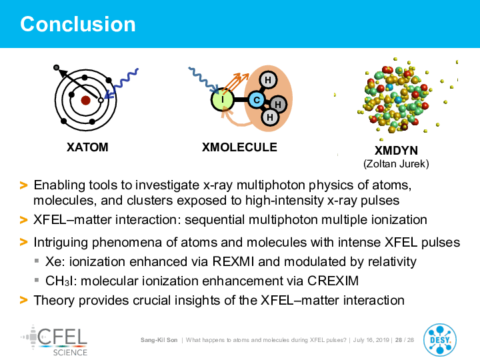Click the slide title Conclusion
78,24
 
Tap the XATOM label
87,147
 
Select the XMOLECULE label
239,147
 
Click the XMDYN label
396,151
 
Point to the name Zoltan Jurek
396,164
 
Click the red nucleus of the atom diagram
85,100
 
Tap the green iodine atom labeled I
223,99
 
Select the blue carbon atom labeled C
257,100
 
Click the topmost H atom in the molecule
268,80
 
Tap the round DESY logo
440,340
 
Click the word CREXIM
333,281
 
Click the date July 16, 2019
371,340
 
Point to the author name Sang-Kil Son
159,340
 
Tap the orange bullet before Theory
23,300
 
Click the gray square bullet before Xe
37,261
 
